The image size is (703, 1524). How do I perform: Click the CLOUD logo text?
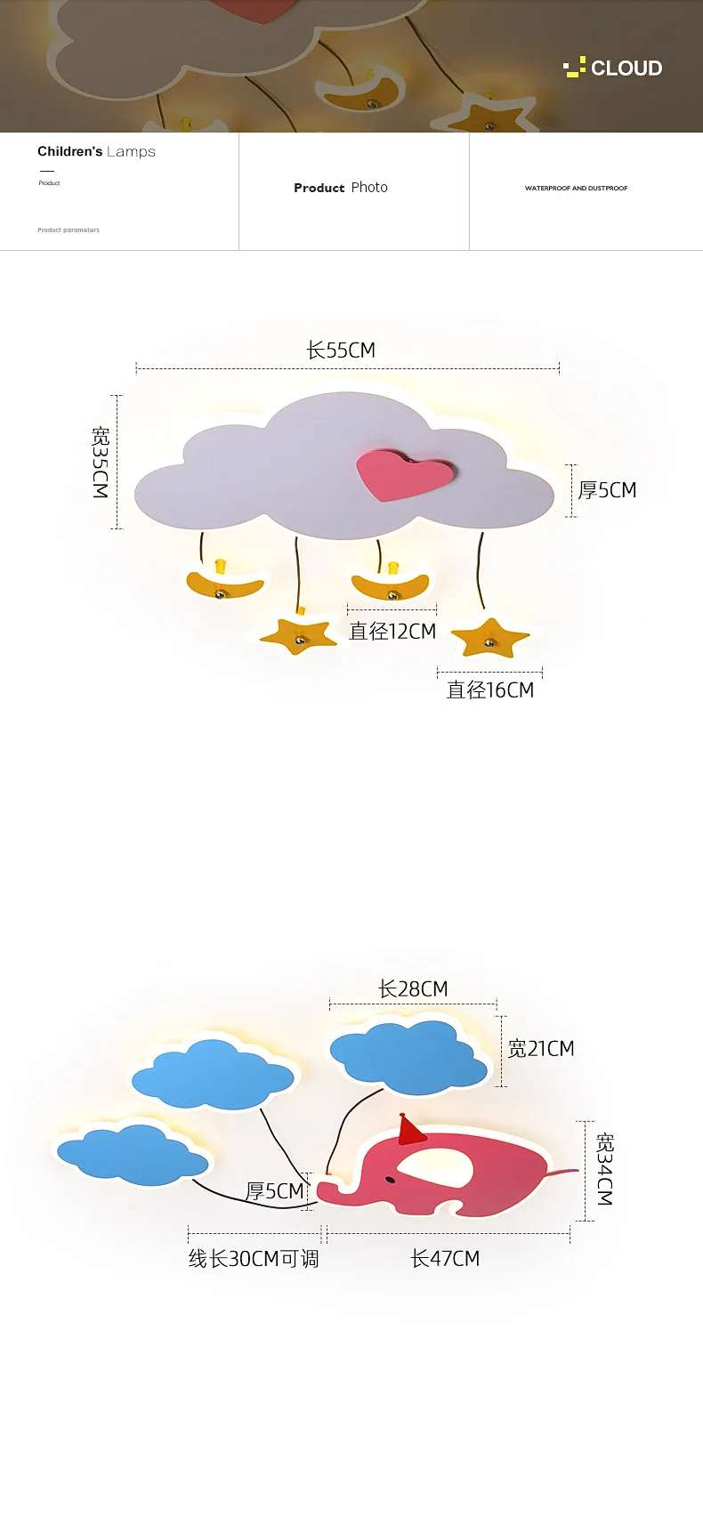[x=626, y=69]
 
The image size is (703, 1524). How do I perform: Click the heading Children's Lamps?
[x=96, y=151]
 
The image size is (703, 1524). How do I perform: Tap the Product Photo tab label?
[x=341, y=188]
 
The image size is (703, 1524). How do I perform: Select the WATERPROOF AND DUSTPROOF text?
[x=576, y=189]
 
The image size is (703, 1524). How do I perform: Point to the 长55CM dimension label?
[x=341, y=351]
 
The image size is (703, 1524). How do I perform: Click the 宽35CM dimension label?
[x=101, y=462]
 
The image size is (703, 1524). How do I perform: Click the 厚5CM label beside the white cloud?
[x=607, y=490]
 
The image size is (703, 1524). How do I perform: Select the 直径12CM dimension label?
[x=392, y=632]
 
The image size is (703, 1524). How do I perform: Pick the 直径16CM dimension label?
[x=489, y=690]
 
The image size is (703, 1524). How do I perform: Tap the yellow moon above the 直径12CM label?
[x=390, y=585]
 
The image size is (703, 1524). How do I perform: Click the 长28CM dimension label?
[x=413, y=989]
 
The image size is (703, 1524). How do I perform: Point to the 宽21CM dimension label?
[x=541, y=1049]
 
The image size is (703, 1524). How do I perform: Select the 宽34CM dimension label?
[x=605, y=1169]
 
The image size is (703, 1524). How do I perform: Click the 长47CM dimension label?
[x=445, y=1259]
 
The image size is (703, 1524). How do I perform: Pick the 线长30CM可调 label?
[x=254, y=1259]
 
